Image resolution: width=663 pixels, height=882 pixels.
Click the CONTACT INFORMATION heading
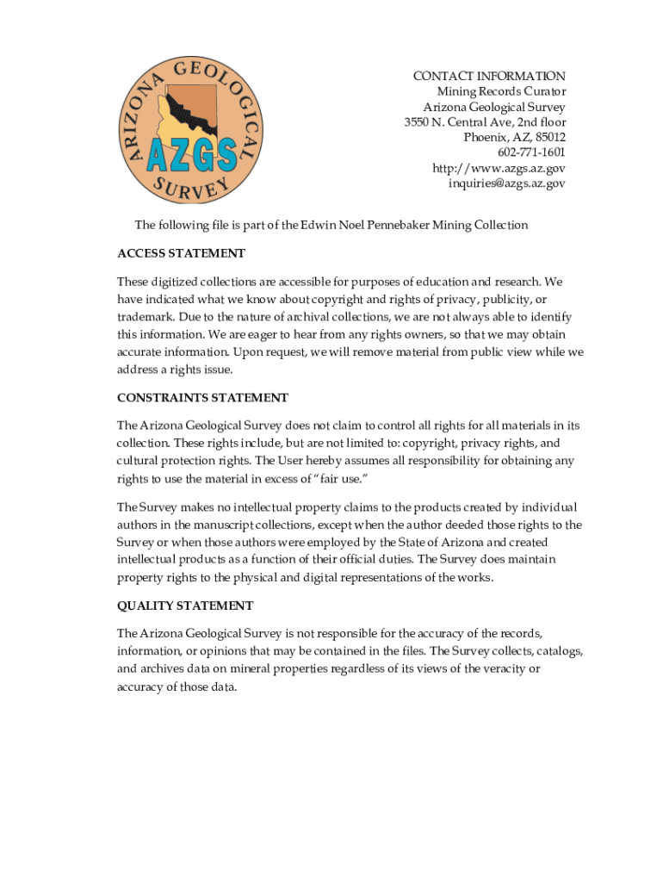489,77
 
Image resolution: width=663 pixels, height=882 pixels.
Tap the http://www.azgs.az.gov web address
499,169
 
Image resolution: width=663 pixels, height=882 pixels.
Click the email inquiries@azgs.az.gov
506,183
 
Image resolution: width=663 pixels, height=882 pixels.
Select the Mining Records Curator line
501,92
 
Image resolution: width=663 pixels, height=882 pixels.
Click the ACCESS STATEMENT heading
181,254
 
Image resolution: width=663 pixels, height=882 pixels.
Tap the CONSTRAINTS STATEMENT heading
202,398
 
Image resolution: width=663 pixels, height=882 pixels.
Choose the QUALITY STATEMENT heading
185,606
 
